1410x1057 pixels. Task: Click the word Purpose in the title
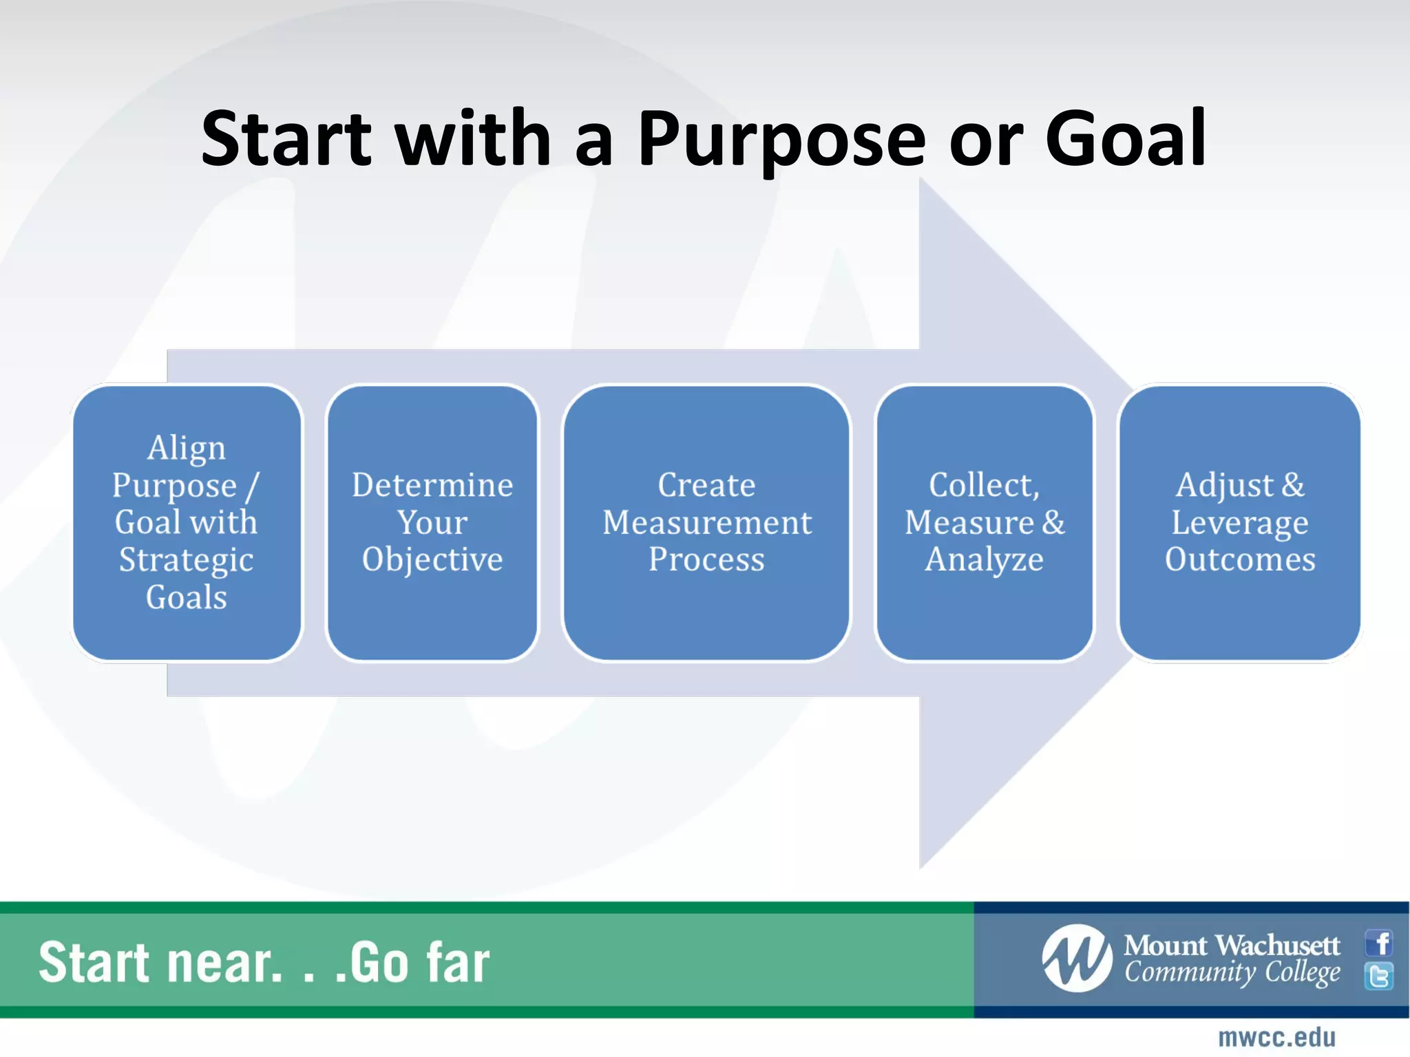781,141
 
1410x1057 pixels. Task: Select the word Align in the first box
186,449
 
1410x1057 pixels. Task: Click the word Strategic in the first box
186,560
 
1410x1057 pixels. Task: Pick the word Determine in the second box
432,485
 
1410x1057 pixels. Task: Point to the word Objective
432,560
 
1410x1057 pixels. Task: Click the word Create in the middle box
706,485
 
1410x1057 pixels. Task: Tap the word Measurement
706,522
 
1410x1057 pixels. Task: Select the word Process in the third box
706,559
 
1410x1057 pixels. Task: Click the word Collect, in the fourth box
984,485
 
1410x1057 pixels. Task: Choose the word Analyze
984,560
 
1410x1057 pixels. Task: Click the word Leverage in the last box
1239,523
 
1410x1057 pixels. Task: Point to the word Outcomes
1239,559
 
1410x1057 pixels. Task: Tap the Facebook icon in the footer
1379,943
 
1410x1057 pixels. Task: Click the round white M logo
1077,959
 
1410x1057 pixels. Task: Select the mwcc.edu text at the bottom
1276,1038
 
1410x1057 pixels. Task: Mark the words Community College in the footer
1232,973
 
